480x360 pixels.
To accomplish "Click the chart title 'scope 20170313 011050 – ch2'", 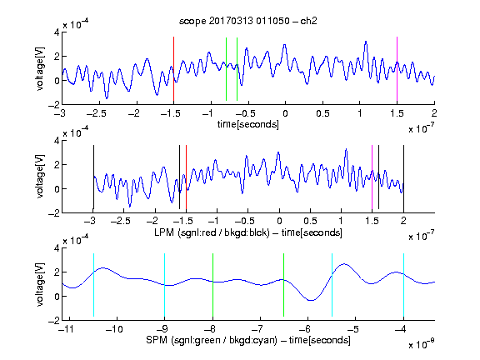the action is (248, 21).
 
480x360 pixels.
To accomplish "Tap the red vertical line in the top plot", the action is (173, 69).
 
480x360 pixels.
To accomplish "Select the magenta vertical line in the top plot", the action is (397, 69).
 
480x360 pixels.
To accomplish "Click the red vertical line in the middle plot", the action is (186, 177).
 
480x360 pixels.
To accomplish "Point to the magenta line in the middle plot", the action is (372, 177).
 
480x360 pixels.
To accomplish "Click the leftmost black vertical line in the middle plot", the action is (93, 177).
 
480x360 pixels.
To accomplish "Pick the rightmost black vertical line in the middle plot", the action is (404, 177).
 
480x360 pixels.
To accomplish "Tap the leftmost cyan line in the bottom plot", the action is (93, 285).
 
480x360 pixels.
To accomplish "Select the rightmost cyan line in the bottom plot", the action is (404, 285).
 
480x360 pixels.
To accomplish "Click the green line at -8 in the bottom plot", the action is (212, 285).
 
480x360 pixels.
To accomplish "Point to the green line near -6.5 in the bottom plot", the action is (284, 285).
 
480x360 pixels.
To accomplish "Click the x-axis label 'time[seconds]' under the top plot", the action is (248, 124).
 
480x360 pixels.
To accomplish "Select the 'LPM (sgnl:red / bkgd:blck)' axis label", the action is (212, 232).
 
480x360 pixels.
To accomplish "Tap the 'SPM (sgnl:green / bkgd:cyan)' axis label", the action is (212, 340).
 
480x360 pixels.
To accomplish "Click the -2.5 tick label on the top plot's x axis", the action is (96, 113).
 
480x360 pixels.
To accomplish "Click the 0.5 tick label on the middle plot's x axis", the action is (310, 221).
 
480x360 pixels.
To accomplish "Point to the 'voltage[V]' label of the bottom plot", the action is (40, 284).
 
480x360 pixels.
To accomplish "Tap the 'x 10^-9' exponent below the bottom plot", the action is (421, 344).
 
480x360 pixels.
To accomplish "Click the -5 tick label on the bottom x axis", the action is (353, 329).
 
